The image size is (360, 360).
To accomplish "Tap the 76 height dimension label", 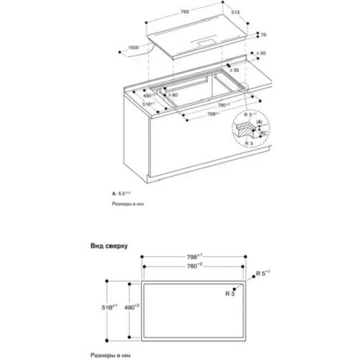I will click(x=263, y=34).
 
